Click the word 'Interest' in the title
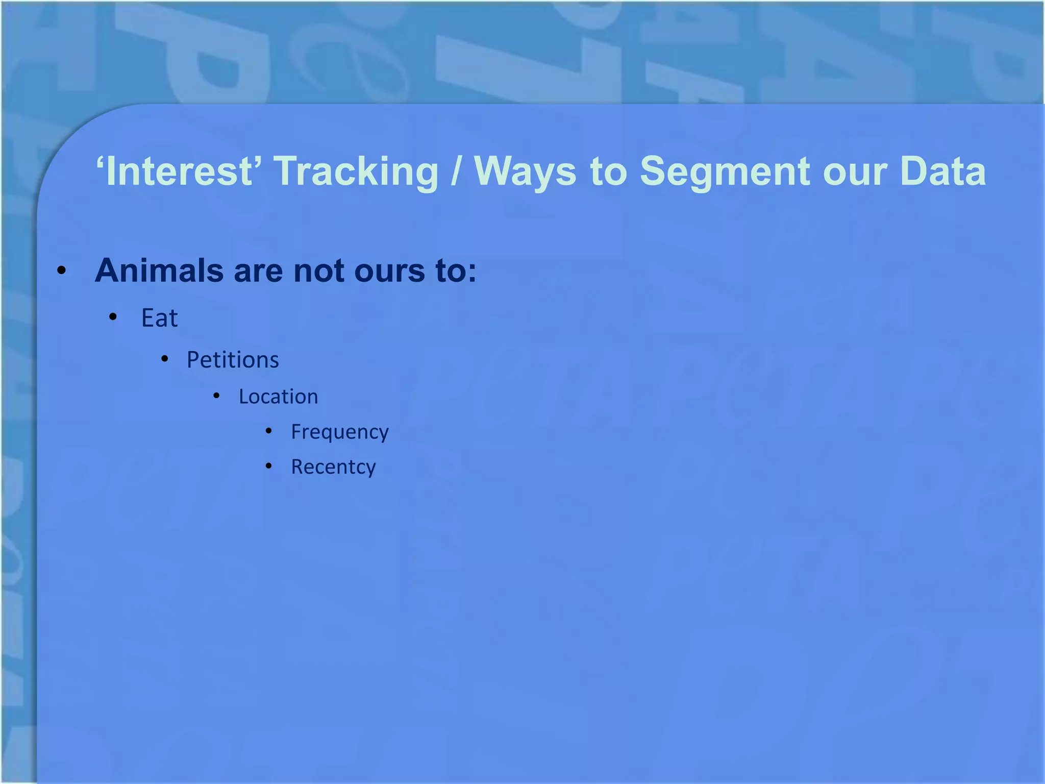click(x=179, y=171)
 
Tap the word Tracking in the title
click(x=356, y=172)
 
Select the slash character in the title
click(x=456, y=172)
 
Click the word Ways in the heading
click(x=525, y=172)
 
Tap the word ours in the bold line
click(x=389, y=271)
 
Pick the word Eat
click(x=159, y=318)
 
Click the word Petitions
click(x=233, y=360)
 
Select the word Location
click(x=278, y=397)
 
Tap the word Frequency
click(x=339, y=432)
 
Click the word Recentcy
click(x=333, y=467)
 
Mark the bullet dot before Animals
click(x=62, y=271)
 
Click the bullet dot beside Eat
click(x=113, y=317)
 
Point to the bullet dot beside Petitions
click(x=164, y=359)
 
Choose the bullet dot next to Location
click(x=216, y=396)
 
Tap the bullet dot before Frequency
click(x=268, y=431)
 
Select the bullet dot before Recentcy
click(x=268, y=466)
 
